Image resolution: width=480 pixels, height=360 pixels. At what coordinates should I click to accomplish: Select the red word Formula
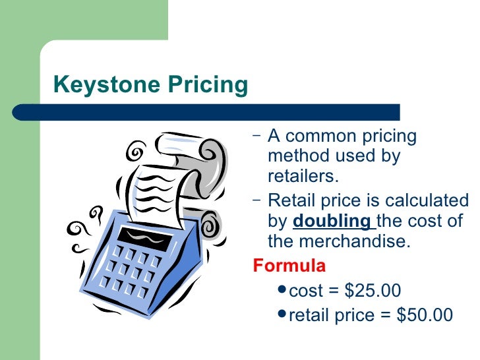click(289, 266)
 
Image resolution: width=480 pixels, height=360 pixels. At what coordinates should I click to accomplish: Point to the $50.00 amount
click(425, 315)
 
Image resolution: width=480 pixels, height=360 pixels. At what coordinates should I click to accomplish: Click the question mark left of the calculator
click(97, 215)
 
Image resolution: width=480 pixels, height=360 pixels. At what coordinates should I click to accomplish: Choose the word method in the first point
click(297, 157)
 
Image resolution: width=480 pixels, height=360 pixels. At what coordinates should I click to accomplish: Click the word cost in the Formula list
click(306, 291)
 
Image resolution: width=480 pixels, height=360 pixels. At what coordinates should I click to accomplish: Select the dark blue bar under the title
click(204, 111)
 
